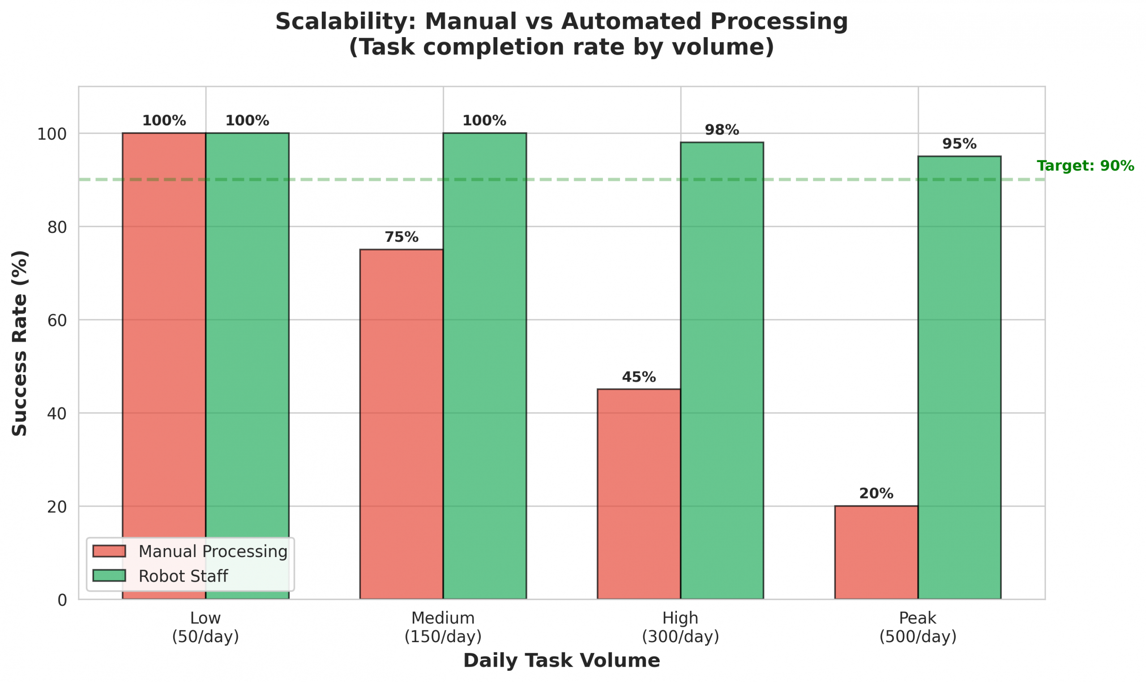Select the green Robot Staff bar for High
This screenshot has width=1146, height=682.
click(722, 370)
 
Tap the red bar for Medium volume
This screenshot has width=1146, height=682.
click(402, 424)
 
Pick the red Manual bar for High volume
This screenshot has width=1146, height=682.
click(638, 493)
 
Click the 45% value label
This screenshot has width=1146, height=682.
click(638, 377)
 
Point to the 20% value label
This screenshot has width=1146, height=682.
click(876, 493)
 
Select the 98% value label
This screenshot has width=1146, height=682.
click(722, 130)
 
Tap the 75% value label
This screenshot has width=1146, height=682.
click(402, 237)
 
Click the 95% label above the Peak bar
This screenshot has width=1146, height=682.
click(959, 144)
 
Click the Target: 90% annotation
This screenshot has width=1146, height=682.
click(1085, 166)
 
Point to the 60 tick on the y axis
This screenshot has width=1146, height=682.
click(57, 320)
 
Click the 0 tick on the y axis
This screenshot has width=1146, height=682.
click(62, 600)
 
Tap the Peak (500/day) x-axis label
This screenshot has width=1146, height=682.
click(917, 627)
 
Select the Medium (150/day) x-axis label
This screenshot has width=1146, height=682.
click(443, 627)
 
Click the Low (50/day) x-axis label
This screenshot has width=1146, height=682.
click(205, 627)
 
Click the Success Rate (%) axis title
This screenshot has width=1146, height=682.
click(19, 343)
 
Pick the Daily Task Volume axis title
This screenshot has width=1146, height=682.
click(561, 661)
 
